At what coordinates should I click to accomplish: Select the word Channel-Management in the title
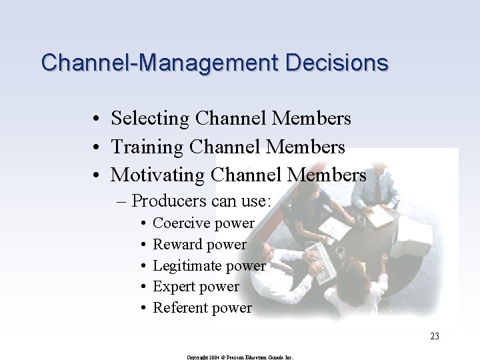point(161,63)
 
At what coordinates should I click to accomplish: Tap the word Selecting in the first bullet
point(150,119)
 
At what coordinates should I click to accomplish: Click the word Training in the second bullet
point(147,147)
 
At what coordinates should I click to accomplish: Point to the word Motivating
point(157,175)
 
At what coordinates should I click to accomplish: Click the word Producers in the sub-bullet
point(169,200)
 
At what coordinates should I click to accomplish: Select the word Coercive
point(182,223)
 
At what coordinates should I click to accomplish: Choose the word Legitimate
point(187,265)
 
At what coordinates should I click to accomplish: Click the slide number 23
point(434,337)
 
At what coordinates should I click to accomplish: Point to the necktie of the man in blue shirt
point(377,191)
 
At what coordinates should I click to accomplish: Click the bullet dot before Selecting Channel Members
point(97,119)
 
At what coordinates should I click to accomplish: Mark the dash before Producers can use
point(124,200)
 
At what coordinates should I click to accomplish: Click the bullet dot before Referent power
point(143,308)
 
